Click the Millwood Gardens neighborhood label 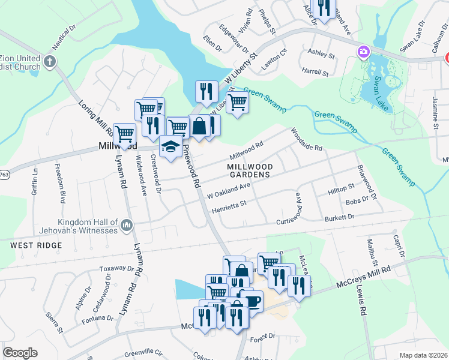pyautogui.click(x=250, y=170)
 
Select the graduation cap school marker pyautogui.click(x=170, y=147)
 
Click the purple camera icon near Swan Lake pyautogui.click(x=363, y=52)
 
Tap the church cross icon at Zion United pyautogui.click(x=50, y=61)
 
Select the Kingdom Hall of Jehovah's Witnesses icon pyautogui.click(x=126, y=226)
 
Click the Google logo pyautogui.click(x=20, y=353)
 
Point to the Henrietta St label pyautogui.click(x=229, y=210)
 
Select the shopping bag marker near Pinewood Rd pyautogui.click(x=199, y=126)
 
